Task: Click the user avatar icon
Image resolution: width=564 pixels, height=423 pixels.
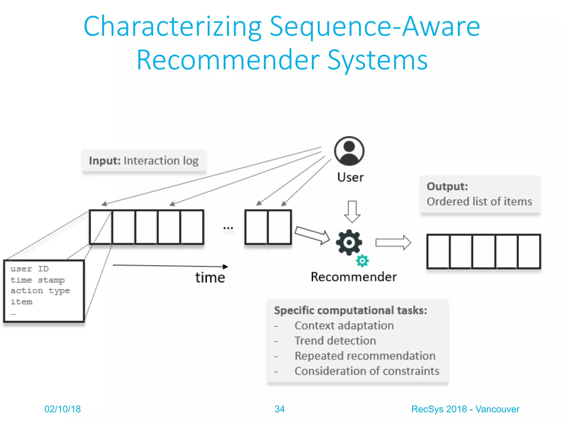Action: (349, 151)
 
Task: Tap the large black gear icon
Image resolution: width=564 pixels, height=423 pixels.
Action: (349, 242)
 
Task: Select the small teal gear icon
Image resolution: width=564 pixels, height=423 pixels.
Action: (362, 261)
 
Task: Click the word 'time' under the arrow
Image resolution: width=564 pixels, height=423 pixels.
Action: (210, 278)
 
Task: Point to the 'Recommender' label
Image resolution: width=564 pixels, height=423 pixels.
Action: (354, 277)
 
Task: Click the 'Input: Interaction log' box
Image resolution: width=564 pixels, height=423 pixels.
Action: (144, 161)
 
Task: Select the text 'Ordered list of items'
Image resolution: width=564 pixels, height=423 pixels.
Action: (479, 202)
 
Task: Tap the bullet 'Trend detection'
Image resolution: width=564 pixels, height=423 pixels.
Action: (335, 341)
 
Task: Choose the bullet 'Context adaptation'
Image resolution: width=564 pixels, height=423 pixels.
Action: (344, 326)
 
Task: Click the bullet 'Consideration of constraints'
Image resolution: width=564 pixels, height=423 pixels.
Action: (367, 371)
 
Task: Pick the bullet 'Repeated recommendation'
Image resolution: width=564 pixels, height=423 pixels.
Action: (365, 356)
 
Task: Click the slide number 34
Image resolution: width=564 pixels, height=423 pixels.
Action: (280, 409)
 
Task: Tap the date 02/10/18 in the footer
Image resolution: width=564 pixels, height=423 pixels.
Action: (63, 409)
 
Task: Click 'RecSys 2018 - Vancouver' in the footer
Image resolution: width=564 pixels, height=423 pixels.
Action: (465, 409)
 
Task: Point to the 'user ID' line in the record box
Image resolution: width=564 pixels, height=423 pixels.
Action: (29, 269)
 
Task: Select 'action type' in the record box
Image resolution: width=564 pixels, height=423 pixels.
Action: (40, 291)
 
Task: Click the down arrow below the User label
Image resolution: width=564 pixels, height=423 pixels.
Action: (352, 211)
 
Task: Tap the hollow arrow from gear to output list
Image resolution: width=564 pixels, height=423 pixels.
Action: (393, 243)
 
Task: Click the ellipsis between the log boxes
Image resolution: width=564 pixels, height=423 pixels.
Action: (228, 228)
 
